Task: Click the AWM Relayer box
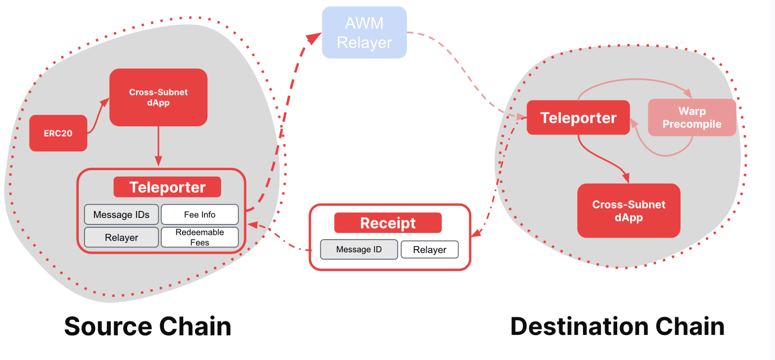[364, 33]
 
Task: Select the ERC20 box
[58, 133]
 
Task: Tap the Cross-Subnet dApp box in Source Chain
[158, 97]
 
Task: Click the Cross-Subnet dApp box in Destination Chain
[628, 211]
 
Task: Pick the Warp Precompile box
[692, 117]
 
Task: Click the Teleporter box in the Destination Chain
[578, 118]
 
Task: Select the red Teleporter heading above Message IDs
[167, 187]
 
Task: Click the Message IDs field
[121, 215]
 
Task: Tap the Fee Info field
[199, 215]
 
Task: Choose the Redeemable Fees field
[199, 237]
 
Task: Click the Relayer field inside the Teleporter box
[121, 237]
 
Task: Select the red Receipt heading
[387, 223]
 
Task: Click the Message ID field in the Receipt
[359, 249]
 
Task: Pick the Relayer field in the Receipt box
[429, 250]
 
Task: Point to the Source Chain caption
[148, 326]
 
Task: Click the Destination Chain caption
[617, 326]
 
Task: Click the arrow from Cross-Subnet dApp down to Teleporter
[158, 145]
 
